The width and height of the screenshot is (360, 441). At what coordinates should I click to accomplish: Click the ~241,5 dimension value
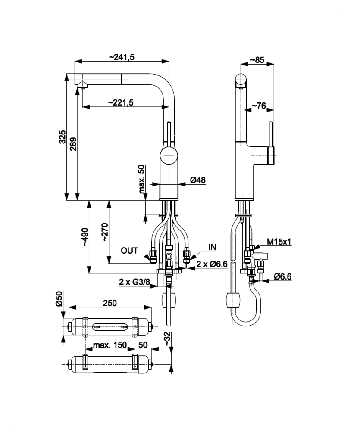coord(121,57)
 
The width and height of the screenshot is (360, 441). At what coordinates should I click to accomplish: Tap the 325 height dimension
coord(62,137)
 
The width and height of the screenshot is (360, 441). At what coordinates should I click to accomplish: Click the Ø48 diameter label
coord(197,181)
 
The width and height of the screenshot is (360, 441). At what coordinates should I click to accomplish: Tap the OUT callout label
coord(129,250)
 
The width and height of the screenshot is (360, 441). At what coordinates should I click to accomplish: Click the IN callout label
coord(212,247)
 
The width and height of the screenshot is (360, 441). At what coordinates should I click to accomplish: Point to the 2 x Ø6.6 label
coord(212,264)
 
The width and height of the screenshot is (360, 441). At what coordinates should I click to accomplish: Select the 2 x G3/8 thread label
coord(135,282)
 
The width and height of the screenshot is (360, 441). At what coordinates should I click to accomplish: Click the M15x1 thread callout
coord(279,242)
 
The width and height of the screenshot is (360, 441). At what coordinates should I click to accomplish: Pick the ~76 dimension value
coord(258,106)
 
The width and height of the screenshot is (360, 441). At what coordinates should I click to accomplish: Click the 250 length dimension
coord(110,303)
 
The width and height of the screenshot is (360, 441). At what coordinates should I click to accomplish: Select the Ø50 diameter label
coord(60,298)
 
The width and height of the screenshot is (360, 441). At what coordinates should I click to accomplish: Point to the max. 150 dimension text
coord(110,345)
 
